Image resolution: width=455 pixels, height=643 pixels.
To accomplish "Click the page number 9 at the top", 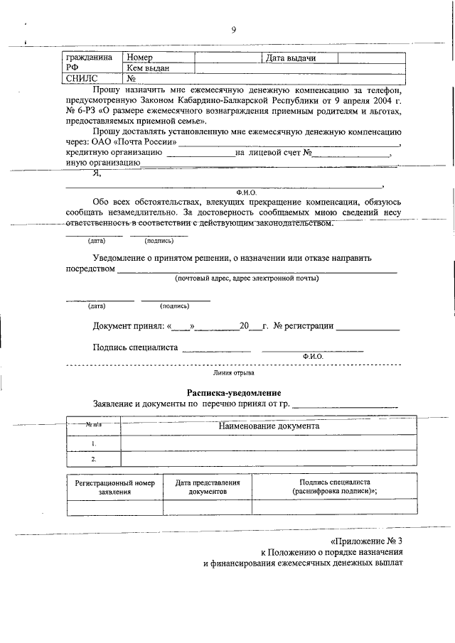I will click(232, 29).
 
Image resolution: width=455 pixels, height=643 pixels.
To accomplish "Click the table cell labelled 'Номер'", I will click(139, 58).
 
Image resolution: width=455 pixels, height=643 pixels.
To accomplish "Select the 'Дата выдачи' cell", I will click(290, 58).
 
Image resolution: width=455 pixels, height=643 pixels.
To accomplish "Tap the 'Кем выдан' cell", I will click(147, 68).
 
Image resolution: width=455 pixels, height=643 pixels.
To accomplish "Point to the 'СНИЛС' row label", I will click(80, 79).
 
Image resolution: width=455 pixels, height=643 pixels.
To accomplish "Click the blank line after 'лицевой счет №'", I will click(353, 153).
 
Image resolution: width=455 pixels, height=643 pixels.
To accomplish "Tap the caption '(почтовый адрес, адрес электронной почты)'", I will click(247, 279).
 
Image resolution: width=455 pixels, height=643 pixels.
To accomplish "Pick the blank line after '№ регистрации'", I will click(368, 327).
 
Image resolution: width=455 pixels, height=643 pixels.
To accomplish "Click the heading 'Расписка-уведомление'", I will click(234, 393).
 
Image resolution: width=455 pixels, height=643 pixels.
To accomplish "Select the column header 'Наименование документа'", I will click(269, 426).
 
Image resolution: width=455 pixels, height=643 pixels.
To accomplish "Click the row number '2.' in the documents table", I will click(93, 458).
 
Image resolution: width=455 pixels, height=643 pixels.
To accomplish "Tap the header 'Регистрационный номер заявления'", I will click(114, 487).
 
